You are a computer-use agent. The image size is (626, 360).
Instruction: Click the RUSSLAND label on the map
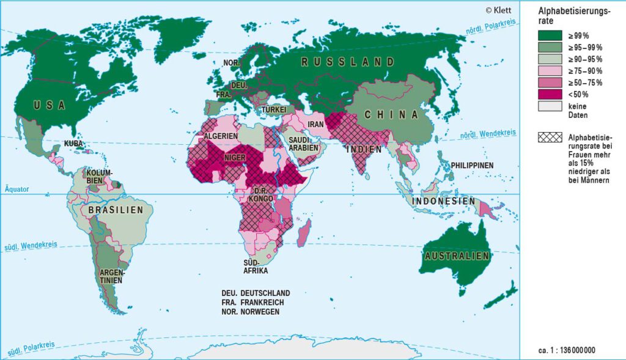point(348,62)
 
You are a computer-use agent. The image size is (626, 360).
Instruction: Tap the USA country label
point(49,105)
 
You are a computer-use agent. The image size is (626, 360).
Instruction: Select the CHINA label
point(391,114)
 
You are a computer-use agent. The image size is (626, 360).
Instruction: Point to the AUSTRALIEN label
point(458,256)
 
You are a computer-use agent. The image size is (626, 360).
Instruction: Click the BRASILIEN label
point(116,210)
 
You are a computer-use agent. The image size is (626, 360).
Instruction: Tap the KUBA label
point(74,144)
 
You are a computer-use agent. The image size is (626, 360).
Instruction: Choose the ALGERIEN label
point(221,136)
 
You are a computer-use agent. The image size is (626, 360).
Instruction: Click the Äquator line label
point(16,189)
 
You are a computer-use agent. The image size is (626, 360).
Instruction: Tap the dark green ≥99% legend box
point(550,35)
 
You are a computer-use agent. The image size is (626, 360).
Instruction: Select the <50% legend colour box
point(550,94)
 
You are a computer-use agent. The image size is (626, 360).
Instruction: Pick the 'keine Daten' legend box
point(550,106)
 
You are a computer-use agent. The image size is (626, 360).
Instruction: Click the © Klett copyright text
point(498,10)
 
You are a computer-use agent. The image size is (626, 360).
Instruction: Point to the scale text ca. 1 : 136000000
point(567,350)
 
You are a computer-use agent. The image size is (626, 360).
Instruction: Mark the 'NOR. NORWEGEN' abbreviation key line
point(251,312)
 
